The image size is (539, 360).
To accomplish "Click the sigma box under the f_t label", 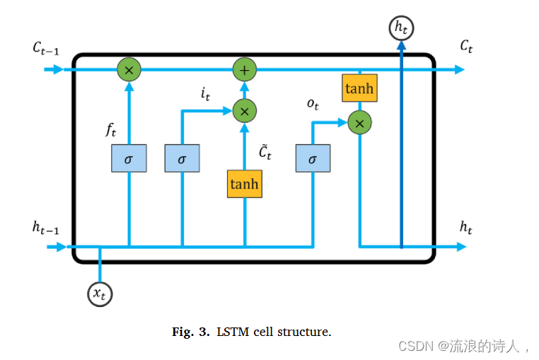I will click(x=129, y=158).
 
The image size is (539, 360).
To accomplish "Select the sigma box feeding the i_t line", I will click(x=182, y=158).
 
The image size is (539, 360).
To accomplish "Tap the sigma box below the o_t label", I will click(x=313, y=158).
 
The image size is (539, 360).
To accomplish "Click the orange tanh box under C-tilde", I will click(x=244, y=184).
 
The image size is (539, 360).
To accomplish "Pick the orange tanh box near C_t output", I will click(x=359, y=88).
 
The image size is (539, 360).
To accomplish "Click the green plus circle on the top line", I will click(x=245, y=69).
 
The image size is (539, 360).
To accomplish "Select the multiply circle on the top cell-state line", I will click(x=129, y=69).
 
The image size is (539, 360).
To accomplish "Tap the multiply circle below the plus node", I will click(x=245, y=110).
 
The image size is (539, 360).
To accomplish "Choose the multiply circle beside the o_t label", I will click(x=359, y=123).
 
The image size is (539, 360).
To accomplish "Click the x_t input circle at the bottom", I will click(x=100, y=293).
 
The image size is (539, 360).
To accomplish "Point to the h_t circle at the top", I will click(x=401, y=28).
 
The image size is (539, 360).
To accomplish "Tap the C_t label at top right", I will click(x=466, y=47).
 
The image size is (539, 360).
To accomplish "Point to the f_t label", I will click(x=111, y=129).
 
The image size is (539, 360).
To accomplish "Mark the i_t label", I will click(x=205, y=93).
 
